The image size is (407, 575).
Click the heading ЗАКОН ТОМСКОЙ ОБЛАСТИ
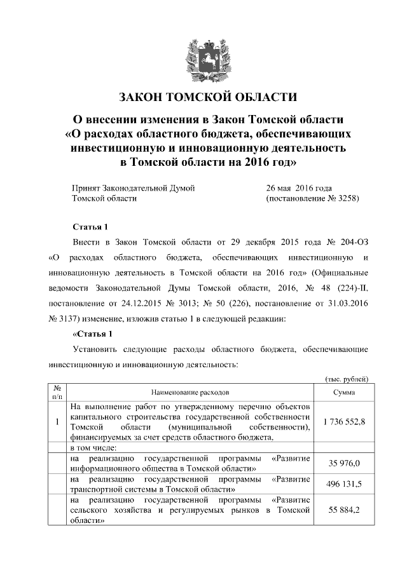208,97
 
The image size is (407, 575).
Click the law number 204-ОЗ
353,243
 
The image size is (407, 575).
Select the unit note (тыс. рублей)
347,379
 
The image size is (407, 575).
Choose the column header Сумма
344,393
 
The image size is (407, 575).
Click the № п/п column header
57,392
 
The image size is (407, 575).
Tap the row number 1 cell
57,422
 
